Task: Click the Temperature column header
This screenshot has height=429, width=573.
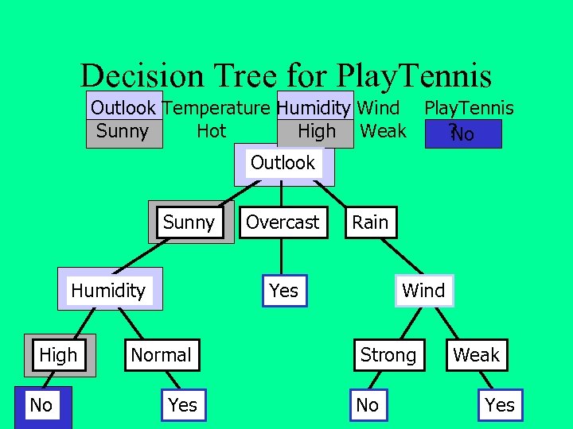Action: coord(216,108)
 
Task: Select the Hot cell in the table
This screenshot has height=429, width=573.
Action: coord(211,131)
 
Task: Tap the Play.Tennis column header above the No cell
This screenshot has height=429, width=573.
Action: coord(469,108)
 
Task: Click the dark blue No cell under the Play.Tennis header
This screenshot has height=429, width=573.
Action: coord(462,134)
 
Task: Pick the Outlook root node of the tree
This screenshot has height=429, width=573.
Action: coord(283,164)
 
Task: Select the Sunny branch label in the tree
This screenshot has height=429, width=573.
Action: coord(189,222)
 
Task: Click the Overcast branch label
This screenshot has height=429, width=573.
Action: coord(283,222)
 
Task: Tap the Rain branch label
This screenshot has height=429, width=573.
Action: coord(370,222)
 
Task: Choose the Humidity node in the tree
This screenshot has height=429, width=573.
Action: coord(108,291)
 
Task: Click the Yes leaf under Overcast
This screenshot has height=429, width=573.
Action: coord(284,291)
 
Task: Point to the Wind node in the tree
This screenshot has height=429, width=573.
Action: coord(423,291)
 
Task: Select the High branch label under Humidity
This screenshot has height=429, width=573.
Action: coord(58,355)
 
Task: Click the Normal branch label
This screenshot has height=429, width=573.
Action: coord(161,355)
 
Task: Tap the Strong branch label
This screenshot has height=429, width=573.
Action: coord(388,355)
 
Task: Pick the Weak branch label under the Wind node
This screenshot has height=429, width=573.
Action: coord(476,355)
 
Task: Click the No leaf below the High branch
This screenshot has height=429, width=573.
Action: coord(41,405)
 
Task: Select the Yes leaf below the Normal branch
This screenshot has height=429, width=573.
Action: coord(182,405)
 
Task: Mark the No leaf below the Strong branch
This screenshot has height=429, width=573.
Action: coord(368,405)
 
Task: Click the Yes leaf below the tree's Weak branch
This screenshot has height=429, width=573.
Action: coord(500,405)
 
